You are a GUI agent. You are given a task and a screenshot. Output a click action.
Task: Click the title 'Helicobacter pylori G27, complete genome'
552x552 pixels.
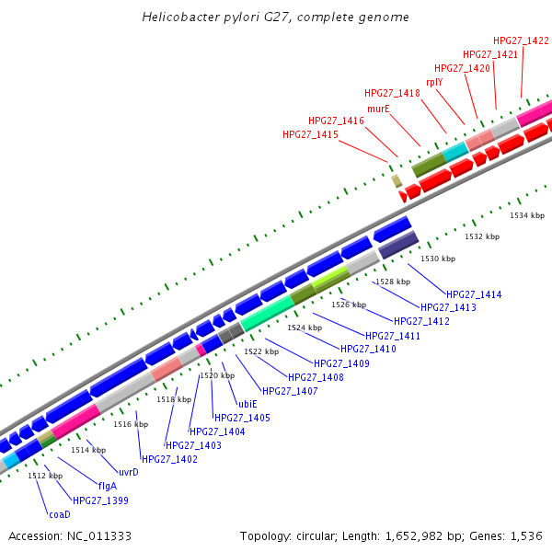(276, 17)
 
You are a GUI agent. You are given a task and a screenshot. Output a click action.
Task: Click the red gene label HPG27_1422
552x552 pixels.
(521, 40)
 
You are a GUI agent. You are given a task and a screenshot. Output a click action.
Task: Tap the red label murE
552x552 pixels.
(379, 108)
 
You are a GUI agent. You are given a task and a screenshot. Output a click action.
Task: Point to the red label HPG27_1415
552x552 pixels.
(310, 134)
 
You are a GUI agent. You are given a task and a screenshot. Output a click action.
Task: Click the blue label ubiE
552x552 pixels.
(247, 404)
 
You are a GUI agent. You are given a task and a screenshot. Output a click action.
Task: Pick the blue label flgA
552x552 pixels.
(108, 486)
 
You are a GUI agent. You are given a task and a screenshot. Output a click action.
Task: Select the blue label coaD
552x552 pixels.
(60, 514)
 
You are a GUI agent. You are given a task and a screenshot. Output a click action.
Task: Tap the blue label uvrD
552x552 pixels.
(128, 472)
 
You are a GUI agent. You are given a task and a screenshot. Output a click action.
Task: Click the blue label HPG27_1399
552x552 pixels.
(100, 500)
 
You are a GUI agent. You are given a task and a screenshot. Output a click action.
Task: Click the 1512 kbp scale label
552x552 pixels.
(45, 476)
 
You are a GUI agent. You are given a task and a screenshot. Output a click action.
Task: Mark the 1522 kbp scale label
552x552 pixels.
(260, 351)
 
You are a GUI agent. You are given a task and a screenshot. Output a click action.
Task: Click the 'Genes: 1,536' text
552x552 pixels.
(512, 535)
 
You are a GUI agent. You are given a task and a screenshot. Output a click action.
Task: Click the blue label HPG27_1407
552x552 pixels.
(290, 391)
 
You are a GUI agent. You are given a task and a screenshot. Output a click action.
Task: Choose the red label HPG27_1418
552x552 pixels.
(392, 93)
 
